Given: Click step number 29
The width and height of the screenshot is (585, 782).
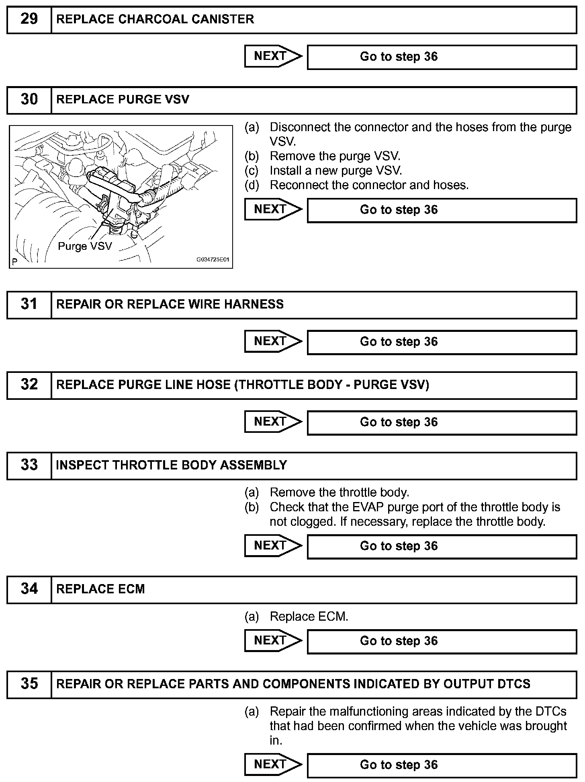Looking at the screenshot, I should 29,19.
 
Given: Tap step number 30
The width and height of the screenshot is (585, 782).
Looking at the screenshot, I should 29,100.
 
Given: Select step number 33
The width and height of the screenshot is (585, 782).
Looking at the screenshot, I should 29,465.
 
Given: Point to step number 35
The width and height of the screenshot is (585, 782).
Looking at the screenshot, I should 29,684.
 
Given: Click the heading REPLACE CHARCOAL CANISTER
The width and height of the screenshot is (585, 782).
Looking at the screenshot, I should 155,19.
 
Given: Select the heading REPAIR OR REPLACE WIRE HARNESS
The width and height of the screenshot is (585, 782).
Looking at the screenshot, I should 170,304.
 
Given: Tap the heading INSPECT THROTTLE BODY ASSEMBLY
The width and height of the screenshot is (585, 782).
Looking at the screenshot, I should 172,465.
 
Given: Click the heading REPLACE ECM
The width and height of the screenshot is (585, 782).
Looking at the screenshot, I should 100,589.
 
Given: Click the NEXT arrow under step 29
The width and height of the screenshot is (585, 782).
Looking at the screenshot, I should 273,56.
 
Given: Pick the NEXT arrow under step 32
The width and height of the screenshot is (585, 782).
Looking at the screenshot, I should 273,422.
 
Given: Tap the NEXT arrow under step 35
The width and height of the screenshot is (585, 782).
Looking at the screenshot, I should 273,764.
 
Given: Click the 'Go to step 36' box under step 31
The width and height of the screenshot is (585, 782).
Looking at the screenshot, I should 442,342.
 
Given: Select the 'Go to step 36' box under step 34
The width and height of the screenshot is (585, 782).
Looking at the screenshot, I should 442,641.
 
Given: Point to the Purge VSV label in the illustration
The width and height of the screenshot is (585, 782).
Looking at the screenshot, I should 85,246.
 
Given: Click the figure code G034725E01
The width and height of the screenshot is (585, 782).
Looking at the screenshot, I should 213,260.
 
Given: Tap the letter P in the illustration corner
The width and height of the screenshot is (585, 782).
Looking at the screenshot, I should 14,262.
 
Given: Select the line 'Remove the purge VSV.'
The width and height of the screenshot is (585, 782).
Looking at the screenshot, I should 335,156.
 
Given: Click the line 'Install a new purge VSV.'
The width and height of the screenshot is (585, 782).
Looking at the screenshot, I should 336,171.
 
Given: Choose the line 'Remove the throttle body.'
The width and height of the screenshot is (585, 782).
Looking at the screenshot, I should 340,492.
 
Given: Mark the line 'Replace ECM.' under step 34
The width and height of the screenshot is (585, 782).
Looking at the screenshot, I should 309,616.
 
